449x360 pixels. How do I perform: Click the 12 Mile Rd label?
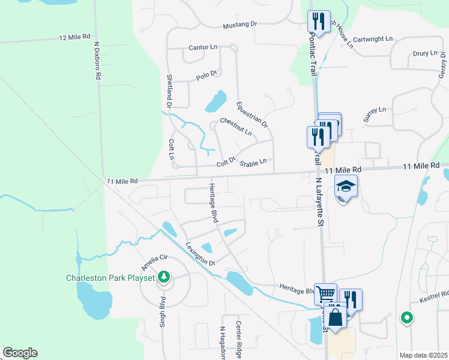[74, 37]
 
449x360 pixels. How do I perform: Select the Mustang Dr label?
[240, 25]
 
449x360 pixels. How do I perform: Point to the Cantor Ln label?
[203, 47]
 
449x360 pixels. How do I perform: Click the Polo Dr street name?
[205, 76]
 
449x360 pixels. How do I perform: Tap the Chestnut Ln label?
[235, 126]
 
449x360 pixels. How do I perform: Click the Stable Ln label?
[253, 163]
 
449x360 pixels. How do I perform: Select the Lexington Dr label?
[200, 254]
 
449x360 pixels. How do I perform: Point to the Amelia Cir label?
[152, 262]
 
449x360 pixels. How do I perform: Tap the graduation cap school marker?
[346, 187]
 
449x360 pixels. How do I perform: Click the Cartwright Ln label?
[373, 38]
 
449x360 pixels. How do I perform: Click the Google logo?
[20, 353]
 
